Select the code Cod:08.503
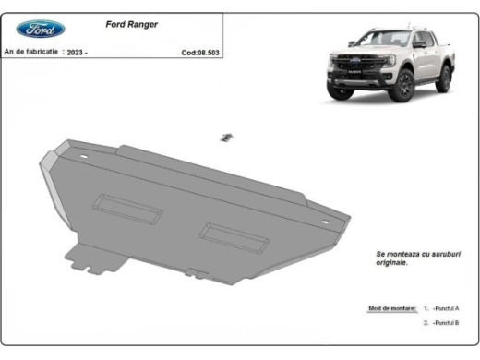click(x=202, y=53)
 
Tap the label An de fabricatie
click(x=32, y=53)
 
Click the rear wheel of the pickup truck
click(x=443, y=79)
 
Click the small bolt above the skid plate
click(x=224, y=138)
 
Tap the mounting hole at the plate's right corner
click(x=324, y=223)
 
